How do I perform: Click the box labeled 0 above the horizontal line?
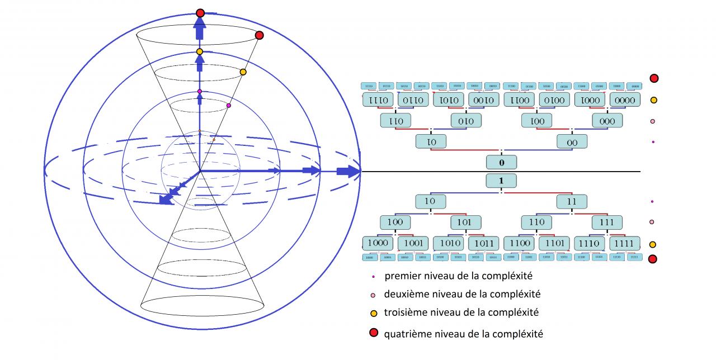click(501, 162)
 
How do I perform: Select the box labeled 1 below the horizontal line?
click(501, 181)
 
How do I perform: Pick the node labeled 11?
click(572, 201)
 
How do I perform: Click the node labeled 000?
click(607, 121)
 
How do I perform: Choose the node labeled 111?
click(607, 222)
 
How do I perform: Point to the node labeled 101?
click(465, 222)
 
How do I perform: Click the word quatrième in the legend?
click(404, 334)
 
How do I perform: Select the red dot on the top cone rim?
click(259, 36)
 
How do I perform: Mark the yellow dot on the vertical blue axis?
click(200, 51)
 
